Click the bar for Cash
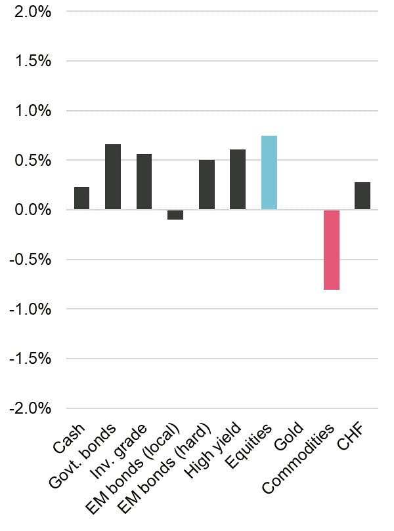point(81,198)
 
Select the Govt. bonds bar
point(113,177)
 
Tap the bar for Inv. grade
point(144,182)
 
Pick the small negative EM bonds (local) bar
point(175,214)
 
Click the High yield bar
point(238,180)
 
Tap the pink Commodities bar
point(331,250)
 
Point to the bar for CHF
point(362,196)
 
